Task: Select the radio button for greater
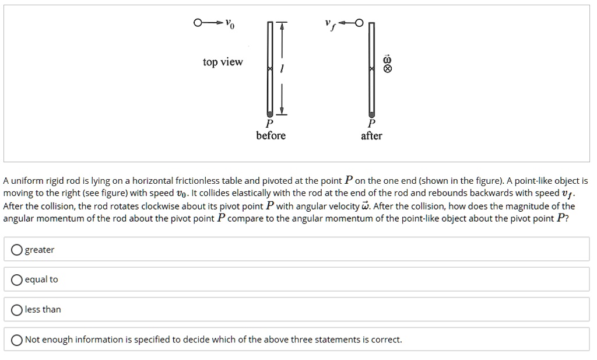(17, 250)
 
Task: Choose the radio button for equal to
(17, 279)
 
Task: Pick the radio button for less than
(17, 310)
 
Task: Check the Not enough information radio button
(17, 340)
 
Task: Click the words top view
(223, 62)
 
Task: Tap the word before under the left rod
(271, 135)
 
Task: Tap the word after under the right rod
(371, 135)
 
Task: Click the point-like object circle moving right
(198, 23)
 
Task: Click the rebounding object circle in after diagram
(359, 23)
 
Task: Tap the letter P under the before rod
(269, 124)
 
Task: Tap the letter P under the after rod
(371, 124)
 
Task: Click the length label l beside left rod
(282, 69)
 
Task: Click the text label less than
(43, 310)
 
